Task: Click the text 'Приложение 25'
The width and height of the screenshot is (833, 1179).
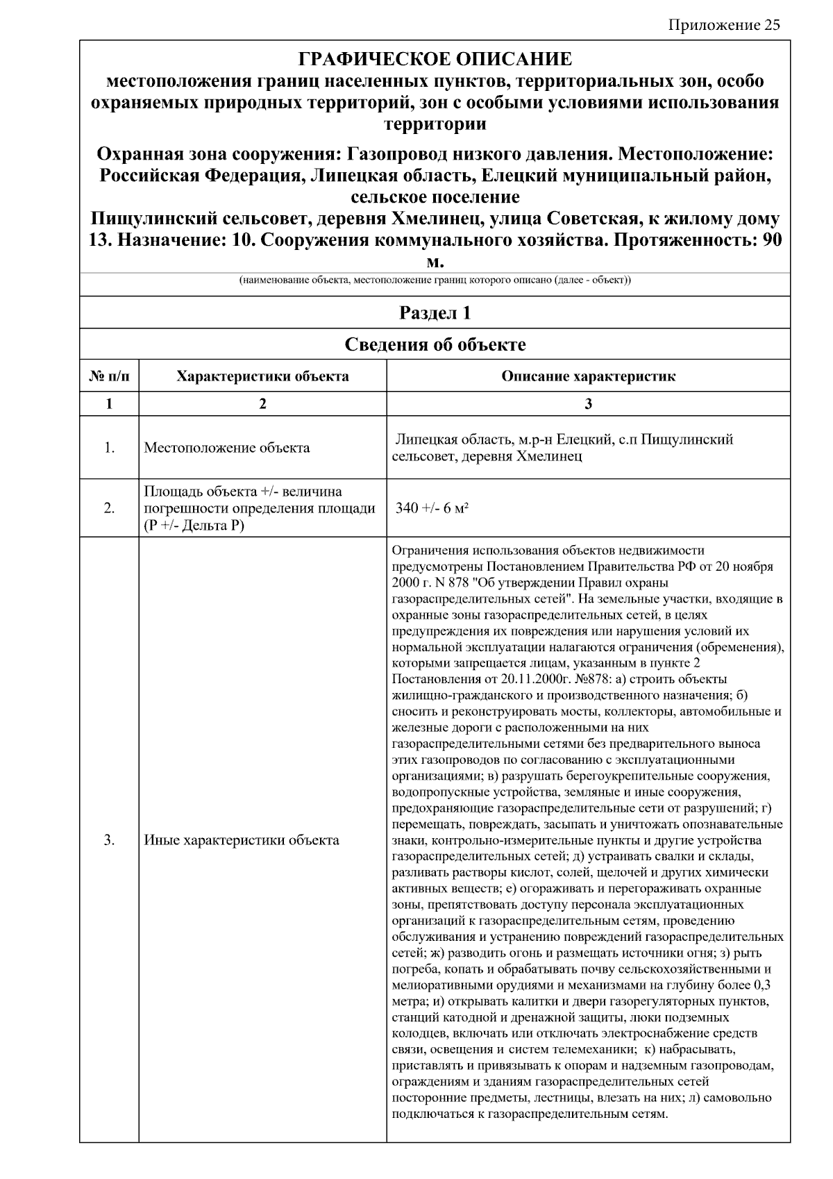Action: pyautogui.click(x=724, y=26)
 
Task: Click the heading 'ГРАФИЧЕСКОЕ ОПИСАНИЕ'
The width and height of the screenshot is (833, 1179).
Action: pyautogui.click(x=435, y=59)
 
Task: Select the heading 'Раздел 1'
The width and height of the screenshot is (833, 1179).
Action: pyautogui.click(x=435, y=313)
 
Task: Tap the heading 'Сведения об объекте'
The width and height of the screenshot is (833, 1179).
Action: pyautogui.click(x=435, y=344)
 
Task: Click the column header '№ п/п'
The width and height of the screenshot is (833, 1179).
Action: pyautogui.click(x=109, y=376)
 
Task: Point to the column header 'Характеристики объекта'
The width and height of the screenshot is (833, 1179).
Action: pyautogui.click(x=262, y=376)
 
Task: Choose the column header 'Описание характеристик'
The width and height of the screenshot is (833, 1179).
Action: pyautogui.click(x=588, y=376)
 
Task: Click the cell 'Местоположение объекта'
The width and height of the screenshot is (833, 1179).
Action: pyautogui.click(x=227, y=448)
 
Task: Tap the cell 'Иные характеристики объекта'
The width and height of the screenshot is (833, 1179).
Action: pyautogui.click(x=242, y=840)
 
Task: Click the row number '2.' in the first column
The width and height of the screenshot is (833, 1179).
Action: pyautogui.click(x=109, y=508)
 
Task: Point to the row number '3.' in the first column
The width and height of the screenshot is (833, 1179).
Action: pyautogui.click(x=109, y=840)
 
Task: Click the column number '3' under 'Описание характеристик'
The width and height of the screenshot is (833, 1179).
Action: pyautogui.click(x=588, y=404)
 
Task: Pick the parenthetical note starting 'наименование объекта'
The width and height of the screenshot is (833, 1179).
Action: pyautogui.click(x=435, y=281)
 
